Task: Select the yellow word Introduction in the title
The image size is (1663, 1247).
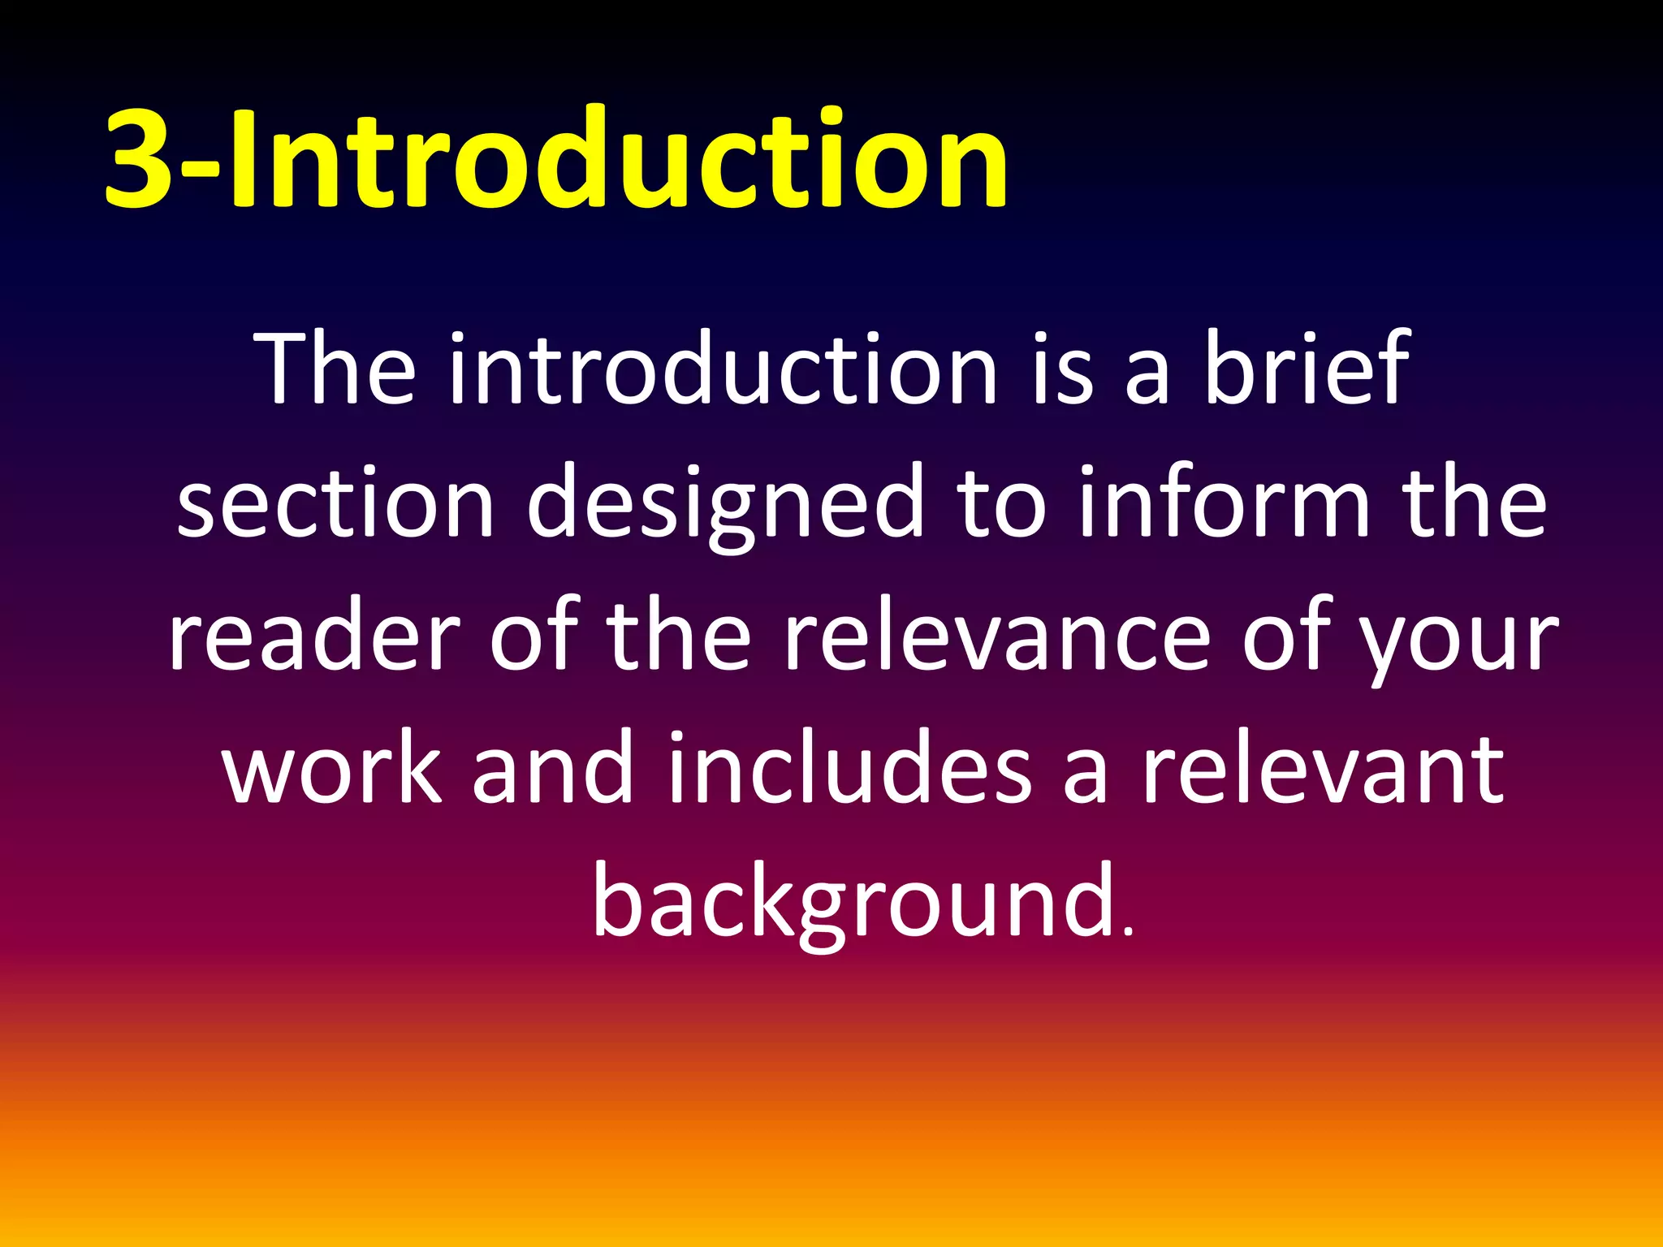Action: (x=617, y=158)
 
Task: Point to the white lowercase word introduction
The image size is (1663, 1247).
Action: (x=723, y=369)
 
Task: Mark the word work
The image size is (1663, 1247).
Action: (x=333, y=767)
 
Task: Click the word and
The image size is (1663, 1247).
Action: (x=552, y=767)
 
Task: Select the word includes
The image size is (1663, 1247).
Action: (x=849, y=767)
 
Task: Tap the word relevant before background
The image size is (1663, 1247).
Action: (x=1324, y=767)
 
